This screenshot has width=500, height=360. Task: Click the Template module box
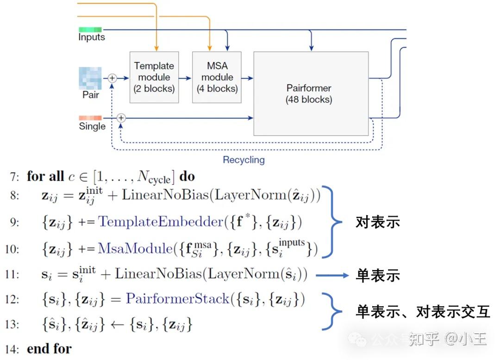click(154, 77)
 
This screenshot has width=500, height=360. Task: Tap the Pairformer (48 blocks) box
click(311, 93)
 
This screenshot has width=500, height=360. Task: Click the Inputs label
click(92, 37)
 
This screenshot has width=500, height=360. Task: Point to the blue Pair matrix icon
click(90, 78)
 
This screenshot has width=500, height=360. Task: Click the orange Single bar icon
click(90, 118)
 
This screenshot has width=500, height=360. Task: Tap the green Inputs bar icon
click(90, 30)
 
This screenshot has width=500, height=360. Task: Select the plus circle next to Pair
click(112, 78)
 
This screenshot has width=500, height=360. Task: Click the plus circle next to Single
click(121, 118)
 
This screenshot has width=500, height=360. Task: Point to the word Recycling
click(244, 160)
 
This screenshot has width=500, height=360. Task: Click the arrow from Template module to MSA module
click(185, 78)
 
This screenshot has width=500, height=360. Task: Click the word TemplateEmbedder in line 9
click(160, 223)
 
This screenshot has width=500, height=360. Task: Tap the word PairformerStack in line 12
click(177, 299)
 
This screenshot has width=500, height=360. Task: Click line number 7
click(14, 177)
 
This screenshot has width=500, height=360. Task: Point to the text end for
click(49, 349)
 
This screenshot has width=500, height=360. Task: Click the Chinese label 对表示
click(377, 223)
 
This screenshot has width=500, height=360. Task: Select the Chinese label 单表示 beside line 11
click(377, 276)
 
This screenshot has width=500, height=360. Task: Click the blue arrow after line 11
click(332, 275)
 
